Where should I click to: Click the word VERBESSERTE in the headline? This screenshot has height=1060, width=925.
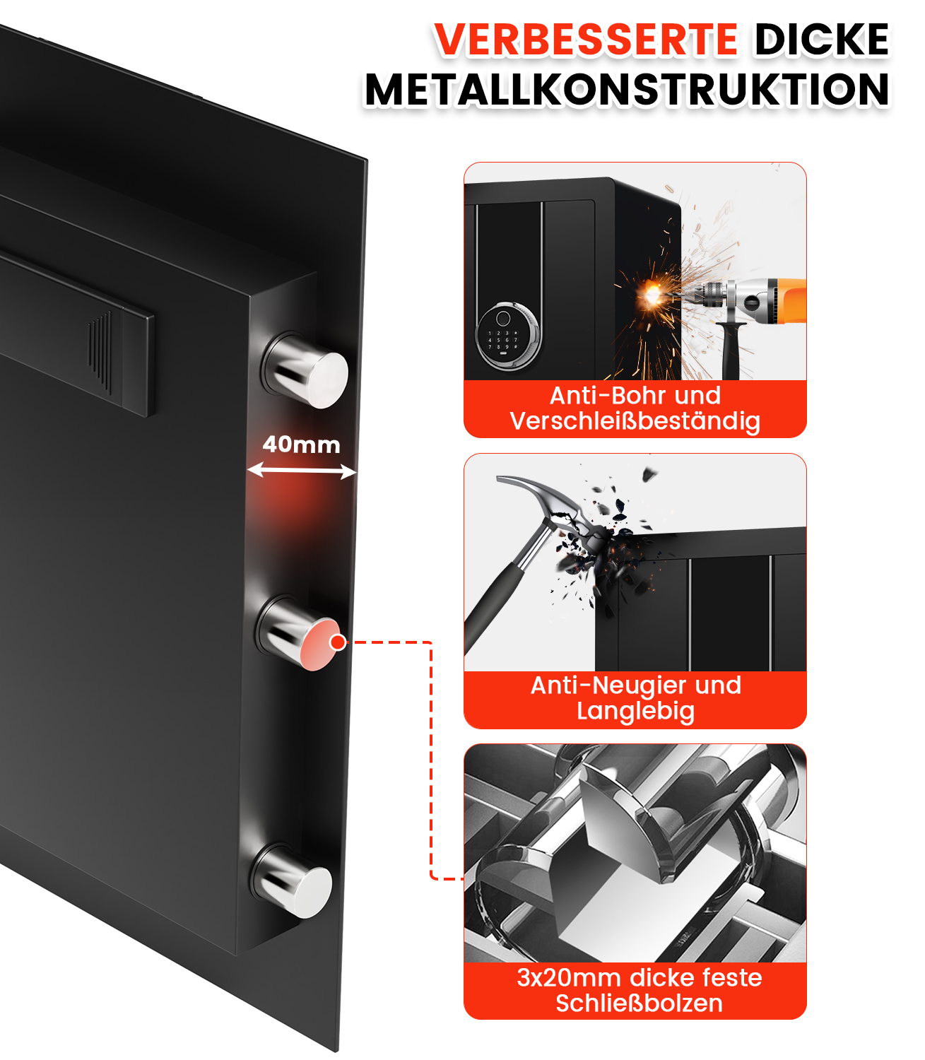click(x=585, y=40)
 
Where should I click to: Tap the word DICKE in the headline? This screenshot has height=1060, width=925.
click(x=822, y=40)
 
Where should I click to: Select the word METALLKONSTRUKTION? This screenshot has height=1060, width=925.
click(x=627, y=90)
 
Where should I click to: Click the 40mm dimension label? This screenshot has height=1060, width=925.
click(x=301, y=445)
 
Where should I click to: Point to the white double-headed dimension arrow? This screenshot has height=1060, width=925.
click(x=302, y=471)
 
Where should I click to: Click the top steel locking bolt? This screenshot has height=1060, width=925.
click(x=305, y=370)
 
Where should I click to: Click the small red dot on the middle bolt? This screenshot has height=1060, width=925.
click(x=338, y=642)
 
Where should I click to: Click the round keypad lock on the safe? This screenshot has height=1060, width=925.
click(x=508, y=337)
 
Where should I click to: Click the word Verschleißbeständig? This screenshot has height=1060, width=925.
click(x=635, y=420)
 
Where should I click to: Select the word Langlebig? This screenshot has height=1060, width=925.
click(x=635, y=711)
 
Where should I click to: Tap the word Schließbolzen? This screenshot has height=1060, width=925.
click(x=639, y=1003)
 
